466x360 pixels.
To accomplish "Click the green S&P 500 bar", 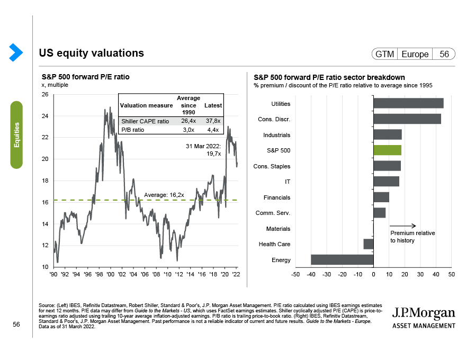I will (387, 150).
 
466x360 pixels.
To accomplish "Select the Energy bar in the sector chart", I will (342, 259).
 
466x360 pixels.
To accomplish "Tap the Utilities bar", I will (408, 103).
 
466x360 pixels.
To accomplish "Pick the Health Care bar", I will (369, 244).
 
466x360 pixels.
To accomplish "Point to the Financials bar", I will (381, 197).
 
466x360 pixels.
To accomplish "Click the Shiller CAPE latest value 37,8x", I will (213, 121).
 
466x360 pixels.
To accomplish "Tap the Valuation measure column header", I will (143, 105).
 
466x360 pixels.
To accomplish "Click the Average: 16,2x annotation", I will (164, 195).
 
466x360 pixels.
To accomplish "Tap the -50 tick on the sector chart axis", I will (295, 274).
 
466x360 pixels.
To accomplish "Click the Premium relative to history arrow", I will (406, 226).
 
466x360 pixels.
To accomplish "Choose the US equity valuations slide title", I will (91, 53).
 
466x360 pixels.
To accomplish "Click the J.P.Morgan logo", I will (424, 317).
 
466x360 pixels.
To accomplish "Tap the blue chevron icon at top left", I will (16, 51).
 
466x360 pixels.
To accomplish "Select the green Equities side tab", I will (17, 134).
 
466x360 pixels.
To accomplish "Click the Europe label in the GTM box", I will (415, 54).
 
